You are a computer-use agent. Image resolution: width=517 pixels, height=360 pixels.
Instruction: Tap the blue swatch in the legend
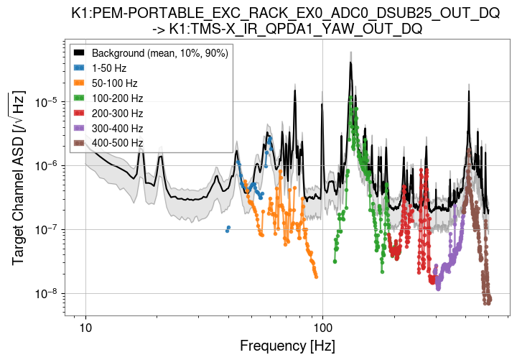pyautogui.click(x=80, y=68)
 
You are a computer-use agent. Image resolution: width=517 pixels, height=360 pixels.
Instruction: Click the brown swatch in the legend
pyautogui.click(x=80, y=144)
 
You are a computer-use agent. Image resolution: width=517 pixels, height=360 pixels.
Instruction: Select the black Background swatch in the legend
pyautogui.click(x=80, y=53)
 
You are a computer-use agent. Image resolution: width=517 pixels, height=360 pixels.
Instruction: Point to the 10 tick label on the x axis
pyautogui.click(x=85, y=327)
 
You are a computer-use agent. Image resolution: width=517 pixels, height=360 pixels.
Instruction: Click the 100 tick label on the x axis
pyautogui.click(x=322, y=327)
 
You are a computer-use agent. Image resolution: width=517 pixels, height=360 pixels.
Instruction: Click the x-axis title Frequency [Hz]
pyautogui.click(x=287, y=346)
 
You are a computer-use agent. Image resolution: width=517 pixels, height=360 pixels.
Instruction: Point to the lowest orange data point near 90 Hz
pyautogui.click(x=316, y=277)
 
